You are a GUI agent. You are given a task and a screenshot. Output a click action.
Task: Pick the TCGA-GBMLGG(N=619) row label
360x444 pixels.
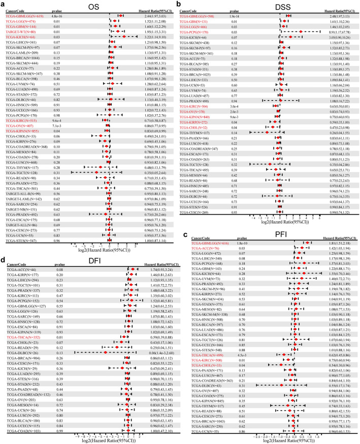point(25,16)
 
